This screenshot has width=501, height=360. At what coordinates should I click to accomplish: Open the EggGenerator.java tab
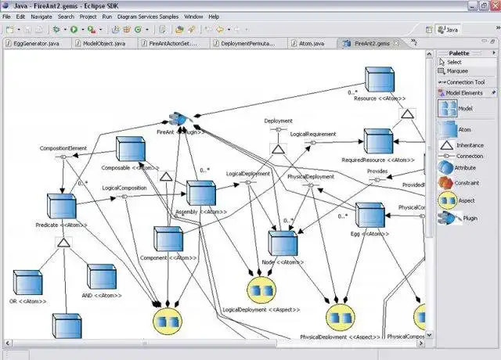[x=34, y=44]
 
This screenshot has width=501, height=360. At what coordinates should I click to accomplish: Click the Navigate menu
[x=41, y=16]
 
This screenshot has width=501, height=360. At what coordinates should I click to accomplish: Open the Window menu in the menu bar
[x=193, y=16]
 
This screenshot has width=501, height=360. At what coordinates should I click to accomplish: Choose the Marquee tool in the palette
[x=457, y=71]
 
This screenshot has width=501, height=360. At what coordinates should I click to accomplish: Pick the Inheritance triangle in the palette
[x=447, y=146]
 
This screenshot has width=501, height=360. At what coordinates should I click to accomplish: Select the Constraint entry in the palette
[x=447, y=182]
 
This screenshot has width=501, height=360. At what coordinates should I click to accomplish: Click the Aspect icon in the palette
[x=447, y=200]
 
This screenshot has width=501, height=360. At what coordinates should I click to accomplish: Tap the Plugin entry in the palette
[x=447, y=219]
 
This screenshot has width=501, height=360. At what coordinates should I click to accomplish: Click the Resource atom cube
[x=379, y=81]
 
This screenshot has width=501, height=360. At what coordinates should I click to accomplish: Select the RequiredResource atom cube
[x=377, y=141]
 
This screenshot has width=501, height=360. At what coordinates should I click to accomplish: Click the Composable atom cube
[x=129, y=149]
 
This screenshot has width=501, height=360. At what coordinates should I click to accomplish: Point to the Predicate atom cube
[x=60, y=207]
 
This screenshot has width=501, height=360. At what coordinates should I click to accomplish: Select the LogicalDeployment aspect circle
[x=261, y=290]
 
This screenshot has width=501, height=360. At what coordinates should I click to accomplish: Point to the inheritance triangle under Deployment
[x=279, y=149]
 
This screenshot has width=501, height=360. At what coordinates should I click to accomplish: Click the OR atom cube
[x=27, y=282]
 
